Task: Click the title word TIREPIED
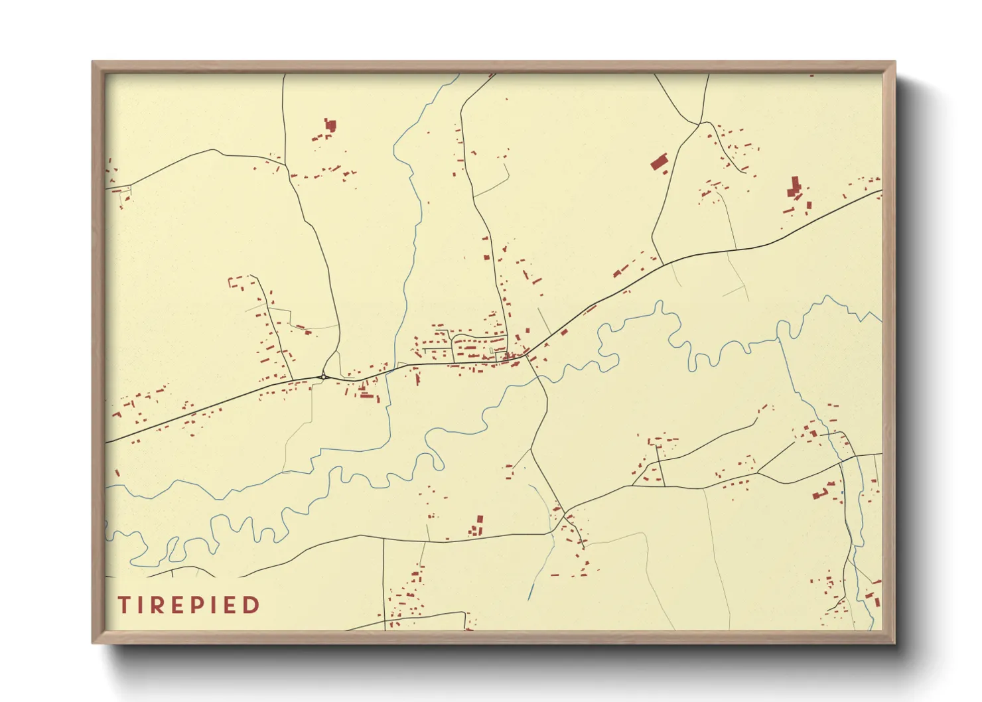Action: (x=189, y=605)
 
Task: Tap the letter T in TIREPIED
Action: (x=124, y=605)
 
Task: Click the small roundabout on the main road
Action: (x=323, y=376)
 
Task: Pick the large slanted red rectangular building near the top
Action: (x=658, y=163)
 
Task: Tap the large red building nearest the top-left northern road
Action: (x=330, y=125)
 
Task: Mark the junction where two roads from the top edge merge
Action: (x=699, y=123)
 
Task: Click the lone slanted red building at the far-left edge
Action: (x=117, y=473)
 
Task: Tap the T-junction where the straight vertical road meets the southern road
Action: (x=384, y=539)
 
